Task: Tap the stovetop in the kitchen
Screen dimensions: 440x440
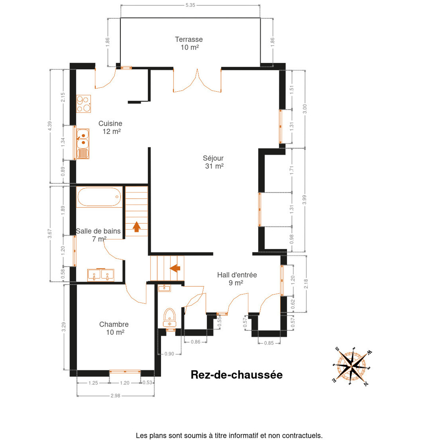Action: [84, 104]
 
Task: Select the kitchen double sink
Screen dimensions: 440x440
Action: [82, 144]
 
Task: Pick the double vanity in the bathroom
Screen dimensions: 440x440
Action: [101, 275]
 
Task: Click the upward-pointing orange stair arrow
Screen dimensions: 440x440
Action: [136, 227]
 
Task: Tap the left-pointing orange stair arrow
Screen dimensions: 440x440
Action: [175, 268]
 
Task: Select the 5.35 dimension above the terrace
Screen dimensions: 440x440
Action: [190, 5]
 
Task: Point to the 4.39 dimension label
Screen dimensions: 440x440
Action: [50, 126]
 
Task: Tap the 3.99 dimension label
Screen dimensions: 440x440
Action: [304, 200]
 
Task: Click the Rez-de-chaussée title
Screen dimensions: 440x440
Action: [236, 375]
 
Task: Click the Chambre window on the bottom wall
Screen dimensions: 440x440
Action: [125, 371]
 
